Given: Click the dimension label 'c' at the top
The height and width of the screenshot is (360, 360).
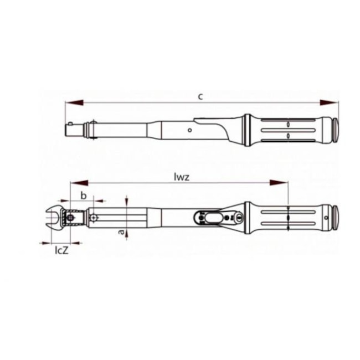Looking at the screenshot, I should pyautogui.click(x=200, y=96).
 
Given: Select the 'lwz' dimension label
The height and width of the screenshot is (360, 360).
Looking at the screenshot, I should pyautogui.click(x=181, y=177).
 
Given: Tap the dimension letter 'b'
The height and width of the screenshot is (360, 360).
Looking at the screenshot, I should pyautogui.click(x=84, y=195).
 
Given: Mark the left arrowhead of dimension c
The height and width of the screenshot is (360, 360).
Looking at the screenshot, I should pyautogui.click(x=71, y=102).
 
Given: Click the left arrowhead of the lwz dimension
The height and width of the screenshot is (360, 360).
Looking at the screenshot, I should pyautogui.click(x=75, y=183).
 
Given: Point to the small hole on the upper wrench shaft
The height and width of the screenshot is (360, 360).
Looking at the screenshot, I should pyautogui.click(x=189, y=131).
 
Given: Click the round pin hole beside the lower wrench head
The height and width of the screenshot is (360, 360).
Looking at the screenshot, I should pyautogui.click(x=94, y=217).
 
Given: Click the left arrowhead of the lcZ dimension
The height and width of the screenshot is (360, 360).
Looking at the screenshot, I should pyautogui.click(x=44, y=243).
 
